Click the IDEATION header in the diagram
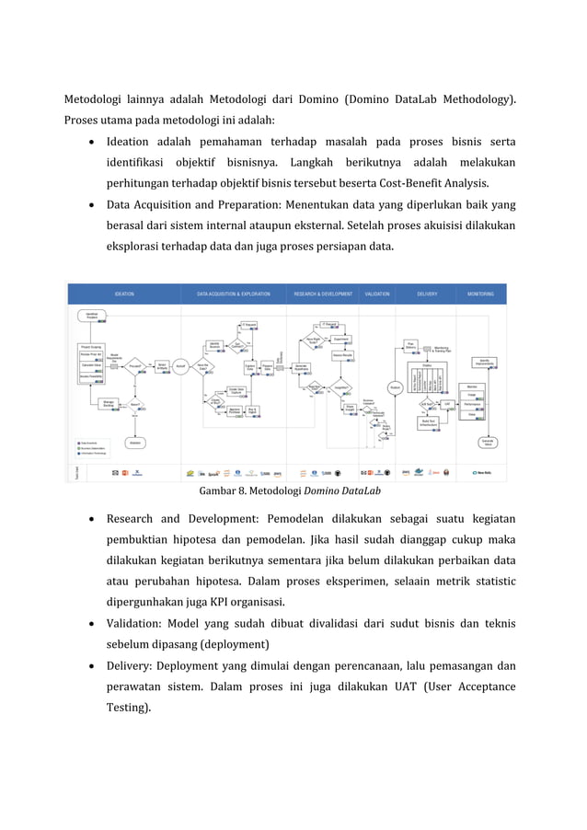[x=124, y=294]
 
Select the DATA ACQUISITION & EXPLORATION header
[x=234, y=294]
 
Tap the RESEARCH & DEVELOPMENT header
[x=323, y=294]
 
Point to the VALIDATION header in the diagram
[x=377, y=294]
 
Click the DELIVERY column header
[x=427, y=294]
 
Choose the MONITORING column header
[x=480, y=294]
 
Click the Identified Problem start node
[x=92, y=316]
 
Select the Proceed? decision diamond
[x=136, y=365]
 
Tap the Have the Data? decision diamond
[x=203, y=366]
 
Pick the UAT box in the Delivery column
[x=447, y=403]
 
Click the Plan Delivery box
[x=411, y=346]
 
